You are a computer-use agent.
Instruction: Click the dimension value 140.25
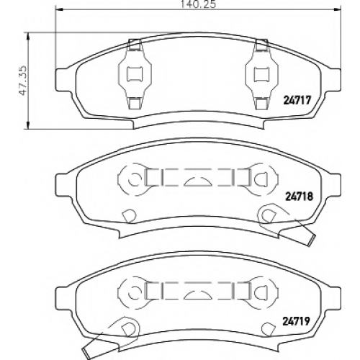(x=198, y=4)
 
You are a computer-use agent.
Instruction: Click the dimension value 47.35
(x=23, y=81)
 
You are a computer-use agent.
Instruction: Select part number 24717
(x=297, y=100)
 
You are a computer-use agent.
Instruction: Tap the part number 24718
(x=299, y=197)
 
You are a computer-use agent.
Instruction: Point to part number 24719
(x=296, y=321)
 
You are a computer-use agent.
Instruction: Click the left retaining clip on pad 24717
(x=135, y=74)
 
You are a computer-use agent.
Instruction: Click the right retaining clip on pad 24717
(x=261, y=74)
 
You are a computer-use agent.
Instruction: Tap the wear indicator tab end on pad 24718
(x=310, y=240)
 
